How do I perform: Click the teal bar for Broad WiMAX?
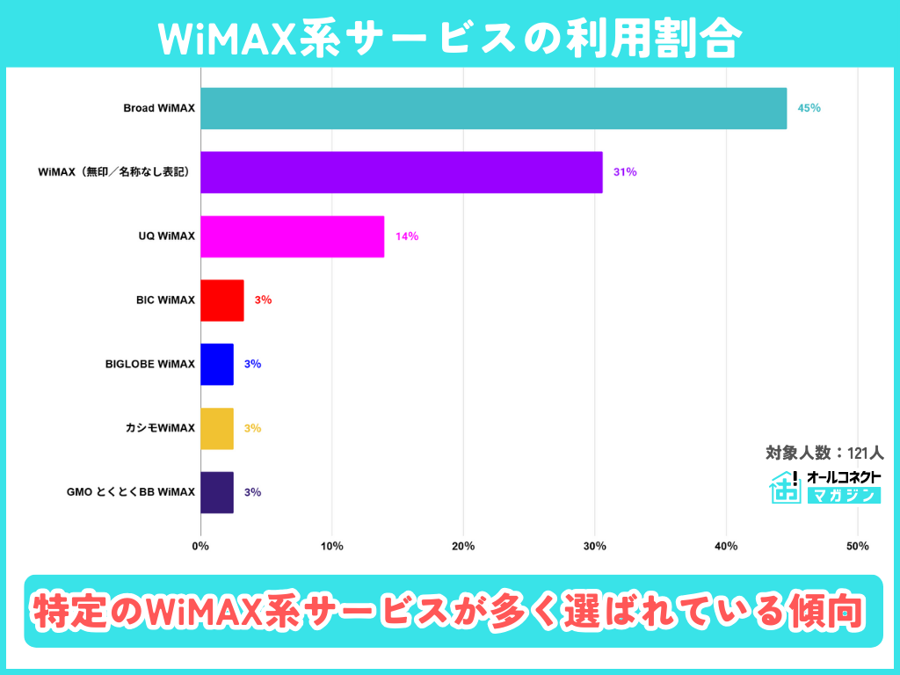point(493,108)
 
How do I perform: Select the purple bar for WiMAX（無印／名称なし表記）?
point(402,172)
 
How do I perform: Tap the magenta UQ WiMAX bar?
point(293,236)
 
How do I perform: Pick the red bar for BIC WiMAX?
point(222,301)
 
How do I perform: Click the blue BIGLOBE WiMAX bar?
point(217,365)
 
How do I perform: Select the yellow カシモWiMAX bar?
point(217,429)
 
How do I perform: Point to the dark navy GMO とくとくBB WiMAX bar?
point(217,492)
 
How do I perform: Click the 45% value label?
point(809,108)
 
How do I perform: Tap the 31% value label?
point(625,172)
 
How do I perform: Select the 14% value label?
point(406,236)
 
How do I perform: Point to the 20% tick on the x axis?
point(463,547)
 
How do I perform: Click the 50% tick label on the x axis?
point(858,547)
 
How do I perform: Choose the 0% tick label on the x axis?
point(200,547)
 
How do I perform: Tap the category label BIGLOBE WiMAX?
point(149,365)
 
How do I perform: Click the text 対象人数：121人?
point(824,454)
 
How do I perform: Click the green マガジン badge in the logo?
point(844,496)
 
